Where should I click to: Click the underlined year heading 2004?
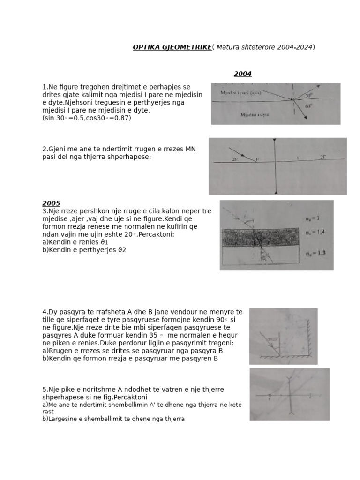(243, 74)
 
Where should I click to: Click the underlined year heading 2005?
(51, 203)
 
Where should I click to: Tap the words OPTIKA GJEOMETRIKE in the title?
(172, 47)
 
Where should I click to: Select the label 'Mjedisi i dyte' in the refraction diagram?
(255, 114)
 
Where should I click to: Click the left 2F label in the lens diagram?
(235, 159)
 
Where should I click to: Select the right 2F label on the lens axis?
(322, 157)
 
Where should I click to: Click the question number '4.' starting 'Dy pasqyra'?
(45, 312)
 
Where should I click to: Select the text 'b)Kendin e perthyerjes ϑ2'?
(84, 250)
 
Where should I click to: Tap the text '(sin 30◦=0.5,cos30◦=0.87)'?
(87, 118)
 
